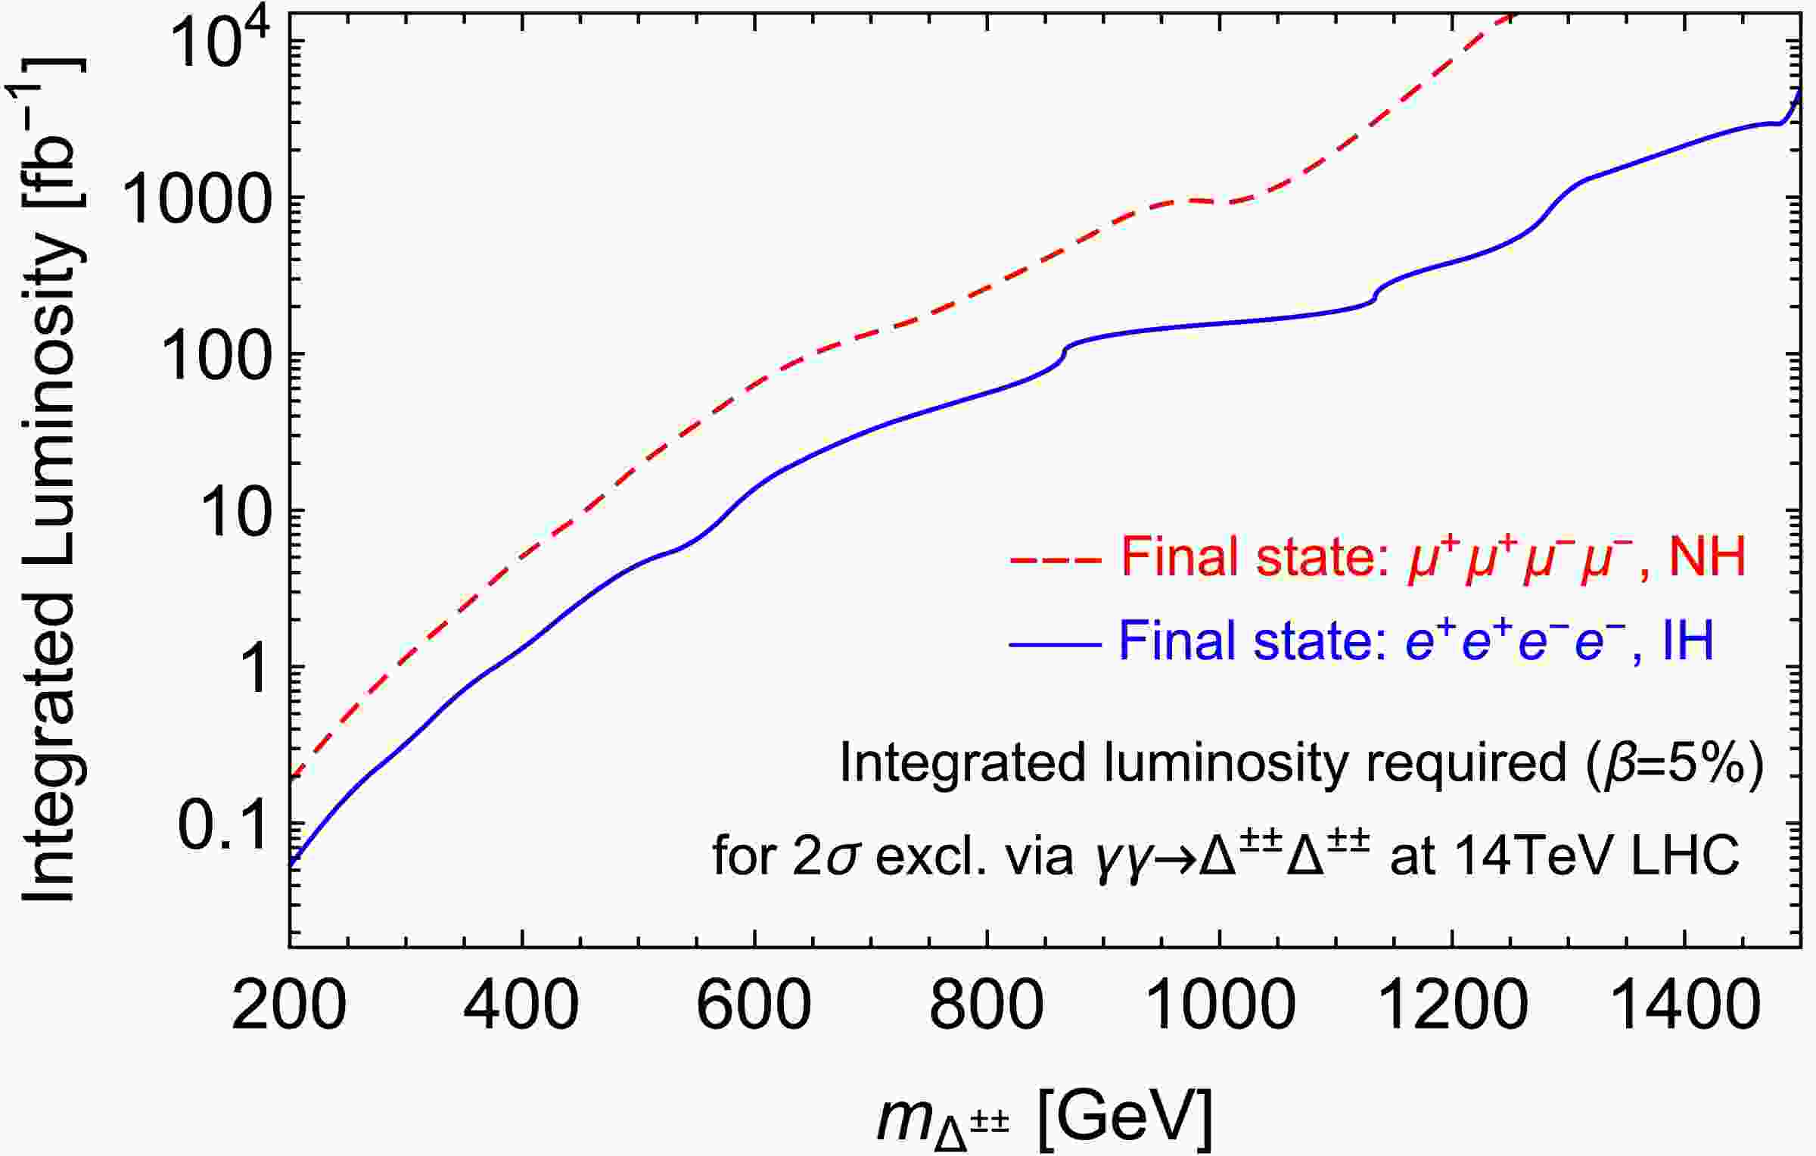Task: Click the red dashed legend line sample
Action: point(1055,560)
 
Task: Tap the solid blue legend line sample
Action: point(1055,644)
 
